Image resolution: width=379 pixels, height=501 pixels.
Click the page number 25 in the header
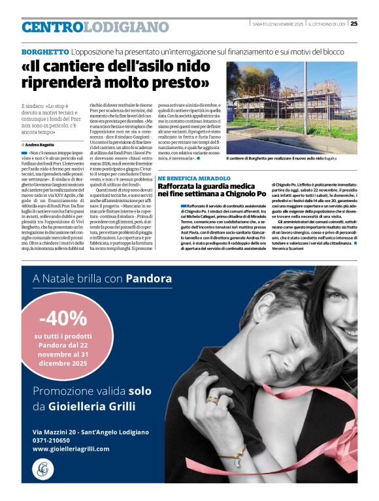coord(354,24)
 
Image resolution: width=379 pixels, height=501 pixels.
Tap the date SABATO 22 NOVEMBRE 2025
coord(277,24)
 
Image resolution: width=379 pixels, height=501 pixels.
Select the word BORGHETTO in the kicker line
coord(45,51)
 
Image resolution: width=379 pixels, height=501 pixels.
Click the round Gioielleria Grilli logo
coord(43,469)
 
